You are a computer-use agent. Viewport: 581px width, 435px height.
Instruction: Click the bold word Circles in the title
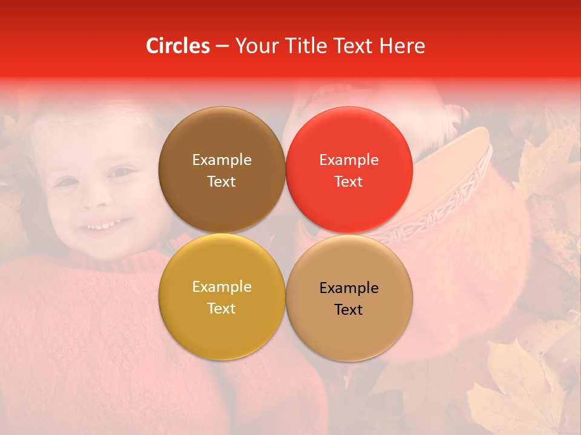(x=177, y=46)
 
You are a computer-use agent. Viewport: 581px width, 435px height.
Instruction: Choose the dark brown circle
(x=222, y=170)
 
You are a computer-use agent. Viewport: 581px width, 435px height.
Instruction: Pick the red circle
(x=349, y=170)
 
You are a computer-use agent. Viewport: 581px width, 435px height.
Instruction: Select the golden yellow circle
(x=222, y=297)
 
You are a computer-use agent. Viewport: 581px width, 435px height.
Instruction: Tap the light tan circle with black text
(x=349, y=298)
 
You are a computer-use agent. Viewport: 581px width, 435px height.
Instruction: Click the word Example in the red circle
(x=349, y=160)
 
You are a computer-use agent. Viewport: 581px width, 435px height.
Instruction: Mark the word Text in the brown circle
(x=222, y=182)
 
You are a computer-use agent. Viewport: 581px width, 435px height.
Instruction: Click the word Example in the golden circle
(x=222, y=287)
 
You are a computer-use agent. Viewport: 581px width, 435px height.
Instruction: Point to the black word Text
(x=349, y=310)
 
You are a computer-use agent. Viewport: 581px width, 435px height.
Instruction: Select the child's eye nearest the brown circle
(x=121, y=173)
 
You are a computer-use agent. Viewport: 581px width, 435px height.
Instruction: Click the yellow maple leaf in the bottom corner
(x=520, y=387)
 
